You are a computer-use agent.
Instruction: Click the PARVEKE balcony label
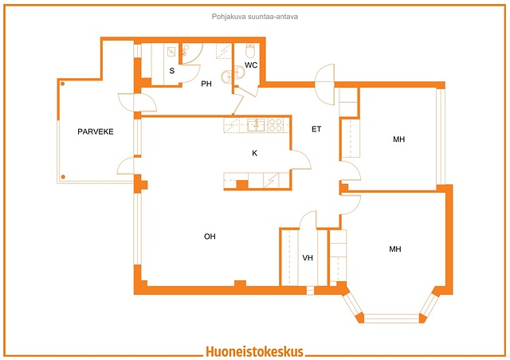(96, 131)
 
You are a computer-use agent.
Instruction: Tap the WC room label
(251, 65)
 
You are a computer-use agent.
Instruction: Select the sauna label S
(172, 71)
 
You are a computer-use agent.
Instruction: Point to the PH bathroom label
(206, 84)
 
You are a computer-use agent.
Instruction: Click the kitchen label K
(255, 153)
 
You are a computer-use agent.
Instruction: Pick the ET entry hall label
(316, 129)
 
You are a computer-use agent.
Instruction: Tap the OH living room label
(210, 237)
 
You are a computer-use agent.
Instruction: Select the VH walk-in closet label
(308, 258)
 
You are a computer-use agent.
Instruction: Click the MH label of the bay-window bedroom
(395, 249)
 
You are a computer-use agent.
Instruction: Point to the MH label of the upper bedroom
(399, 139)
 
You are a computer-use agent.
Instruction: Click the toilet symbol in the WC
(250, 51)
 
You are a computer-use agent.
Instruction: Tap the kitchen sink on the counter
(257, 125)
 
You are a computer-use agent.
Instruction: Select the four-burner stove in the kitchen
(275, 125)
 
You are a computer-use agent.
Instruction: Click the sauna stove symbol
(171, 52)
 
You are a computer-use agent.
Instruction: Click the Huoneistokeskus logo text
(255, 351)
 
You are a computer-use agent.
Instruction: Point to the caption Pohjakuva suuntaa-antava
(255, 16)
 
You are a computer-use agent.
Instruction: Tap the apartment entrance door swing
(324, 84)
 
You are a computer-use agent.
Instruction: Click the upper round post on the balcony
(62, 84)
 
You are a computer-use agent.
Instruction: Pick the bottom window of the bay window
(390, 319)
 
